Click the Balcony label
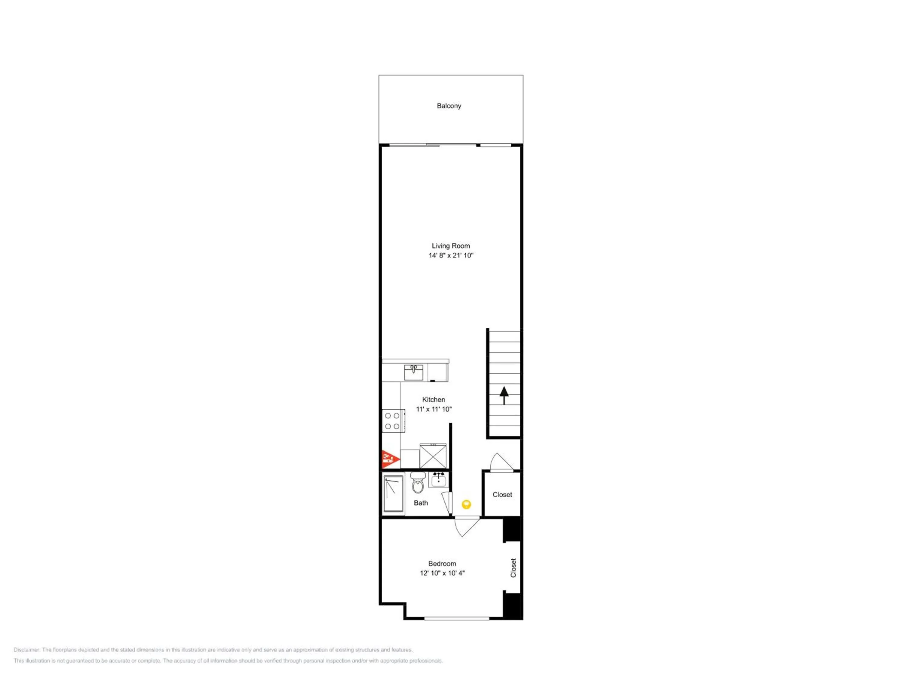tap(449, 106)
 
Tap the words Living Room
tap(451, 246)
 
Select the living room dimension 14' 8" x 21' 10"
tap(451, 255)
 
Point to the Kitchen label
tap(434, 400)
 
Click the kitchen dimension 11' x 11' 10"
tap(434, 409)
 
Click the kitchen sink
tap(413, 372)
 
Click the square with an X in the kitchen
tap(433, 456)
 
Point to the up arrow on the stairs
tap(504, 395)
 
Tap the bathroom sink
tap(438, 480)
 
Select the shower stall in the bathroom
tap(394, 494)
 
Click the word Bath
tap(421, 503)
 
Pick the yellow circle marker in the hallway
tap(466, 504)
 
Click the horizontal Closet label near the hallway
tap(502, 495)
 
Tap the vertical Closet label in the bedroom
tap(514, 568)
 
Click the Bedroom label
tap(442, 564)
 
